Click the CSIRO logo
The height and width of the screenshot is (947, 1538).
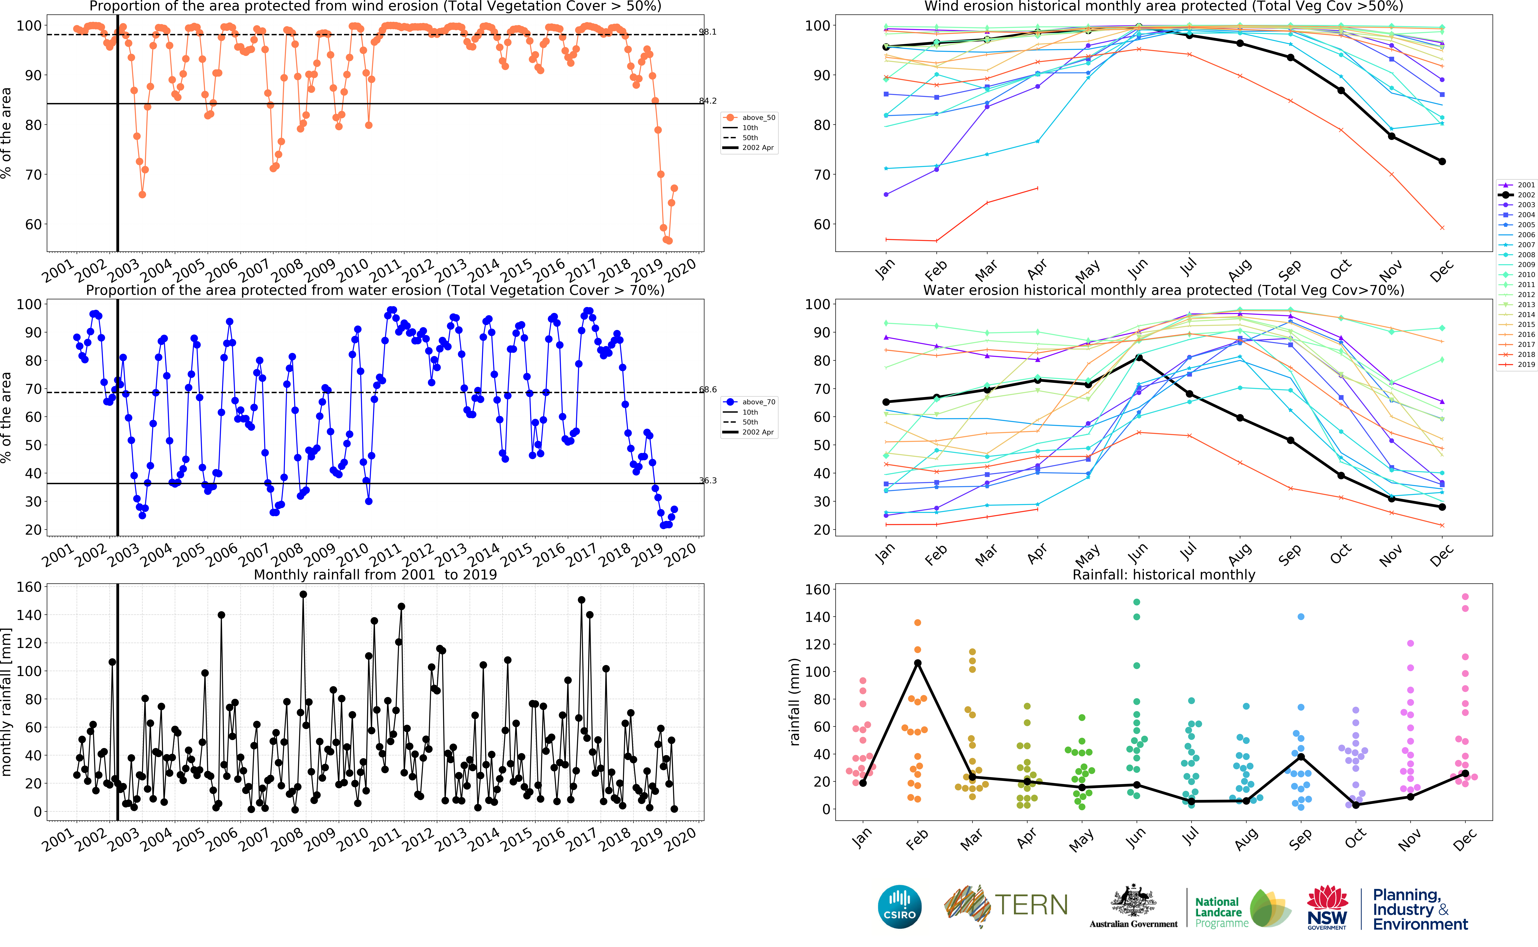(x=900, y=906)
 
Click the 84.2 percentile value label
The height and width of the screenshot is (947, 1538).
(x=708, y=101)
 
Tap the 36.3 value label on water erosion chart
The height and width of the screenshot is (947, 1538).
(x=708, y=480)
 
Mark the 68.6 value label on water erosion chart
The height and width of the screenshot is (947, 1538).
(x=708, y=390)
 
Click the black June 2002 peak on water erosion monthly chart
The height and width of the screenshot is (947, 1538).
(x=1139, y=358)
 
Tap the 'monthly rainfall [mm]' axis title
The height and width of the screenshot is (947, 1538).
(x=7, y=703)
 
